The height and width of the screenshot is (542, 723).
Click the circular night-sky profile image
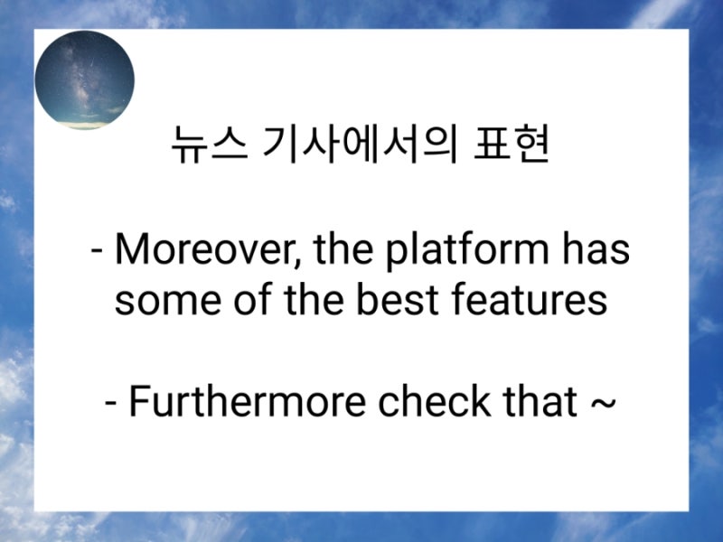click(84, 79)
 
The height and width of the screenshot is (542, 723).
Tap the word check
click(424, 401)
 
